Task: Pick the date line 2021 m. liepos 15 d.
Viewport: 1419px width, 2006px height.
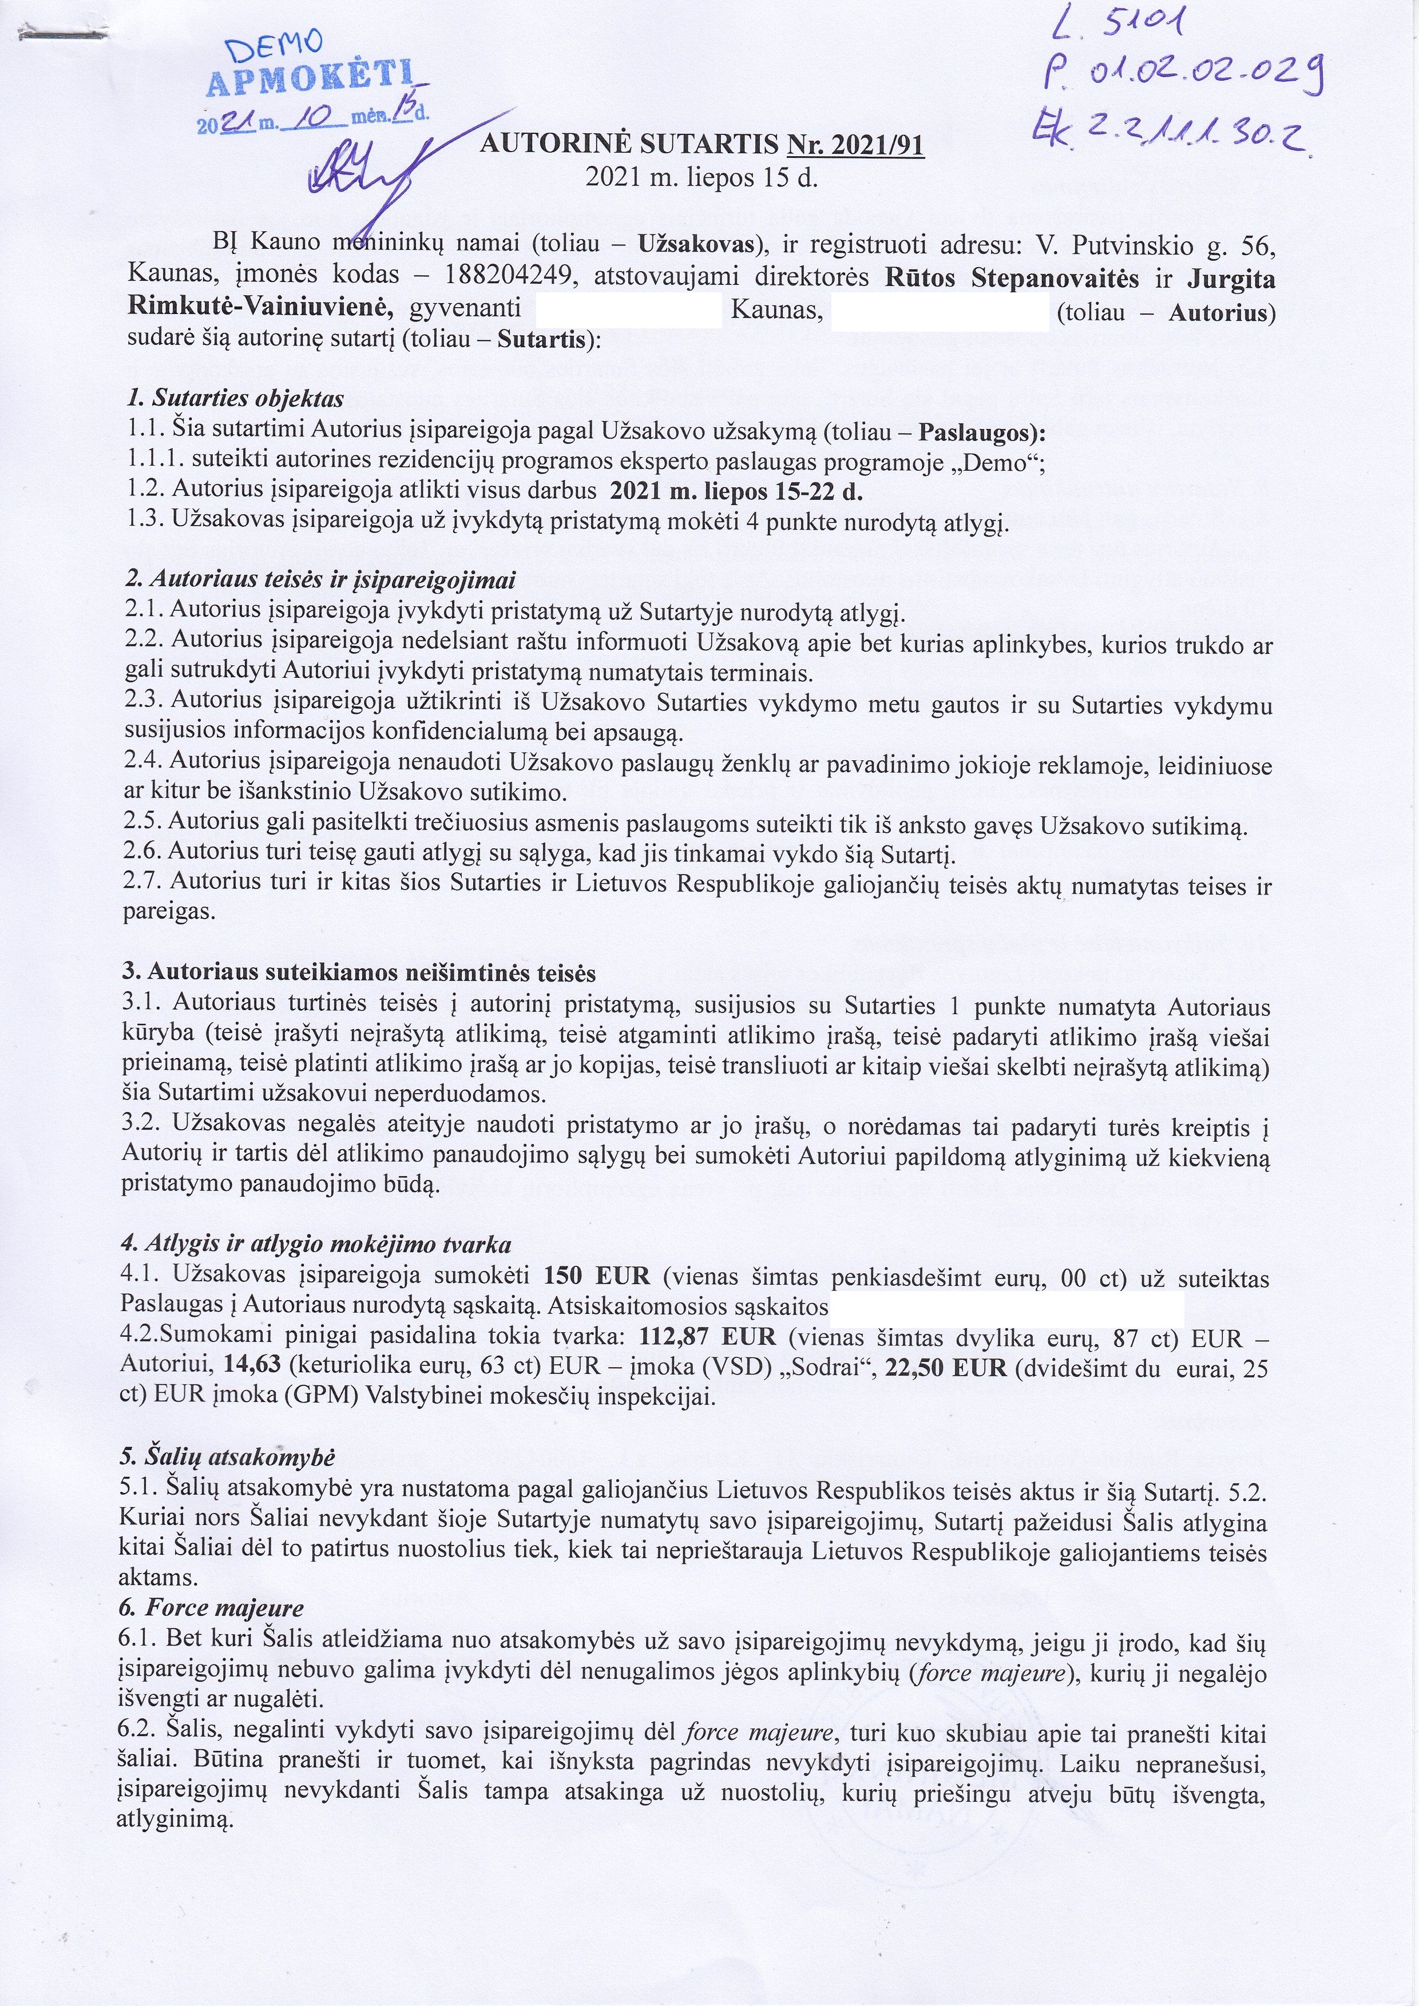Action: pyautogui.click(x=701, y=177)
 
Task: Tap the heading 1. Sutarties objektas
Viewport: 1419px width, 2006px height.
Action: pyautogui.click(x=235, y=399)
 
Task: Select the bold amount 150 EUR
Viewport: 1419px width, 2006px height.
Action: pyautogui.click(x=597, y=1277)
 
